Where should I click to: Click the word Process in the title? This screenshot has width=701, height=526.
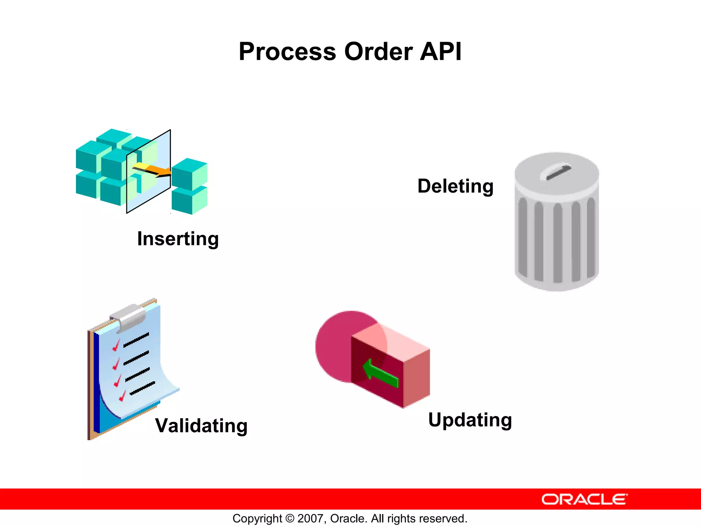(287, 52)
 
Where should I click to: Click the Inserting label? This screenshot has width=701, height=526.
(178, 239)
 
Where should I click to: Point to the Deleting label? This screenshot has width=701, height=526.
(455, 186)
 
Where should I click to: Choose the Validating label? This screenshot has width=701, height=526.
(201, 426)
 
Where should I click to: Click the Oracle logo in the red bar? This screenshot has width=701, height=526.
(584, 499)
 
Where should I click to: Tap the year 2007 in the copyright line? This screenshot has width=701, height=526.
(309, 518)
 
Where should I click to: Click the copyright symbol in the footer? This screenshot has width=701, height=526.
(290, 518)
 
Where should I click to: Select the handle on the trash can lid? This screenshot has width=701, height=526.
(556, 172)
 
